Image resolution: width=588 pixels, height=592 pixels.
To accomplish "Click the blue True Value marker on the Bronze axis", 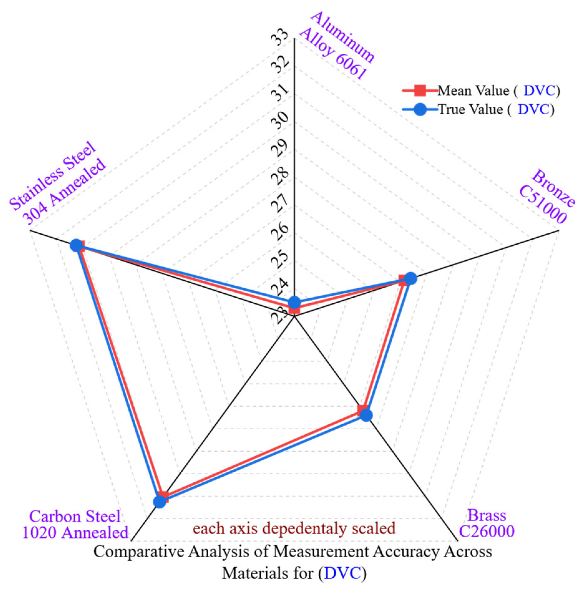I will tap(411, 278).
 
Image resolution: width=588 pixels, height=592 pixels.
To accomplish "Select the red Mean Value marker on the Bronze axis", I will tap(403, 280).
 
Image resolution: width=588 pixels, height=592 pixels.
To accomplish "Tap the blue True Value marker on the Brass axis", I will tap(366, 415).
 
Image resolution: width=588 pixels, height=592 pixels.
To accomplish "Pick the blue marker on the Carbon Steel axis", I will tap(160, 501).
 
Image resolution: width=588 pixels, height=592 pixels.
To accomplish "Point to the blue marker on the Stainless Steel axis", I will tap(76, 246).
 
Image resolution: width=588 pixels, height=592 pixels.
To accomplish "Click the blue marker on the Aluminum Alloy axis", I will tap(294, 302).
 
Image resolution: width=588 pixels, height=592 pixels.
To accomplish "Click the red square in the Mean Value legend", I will tap(420, 90).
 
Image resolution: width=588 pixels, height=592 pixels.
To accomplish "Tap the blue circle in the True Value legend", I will tap(420, 109).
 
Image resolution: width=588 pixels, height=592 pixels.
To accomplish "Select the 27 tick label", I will tap(279, 203).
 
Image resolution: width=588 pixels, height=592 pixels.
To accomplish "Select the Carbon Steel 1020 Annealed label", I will tap(75, 524).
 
